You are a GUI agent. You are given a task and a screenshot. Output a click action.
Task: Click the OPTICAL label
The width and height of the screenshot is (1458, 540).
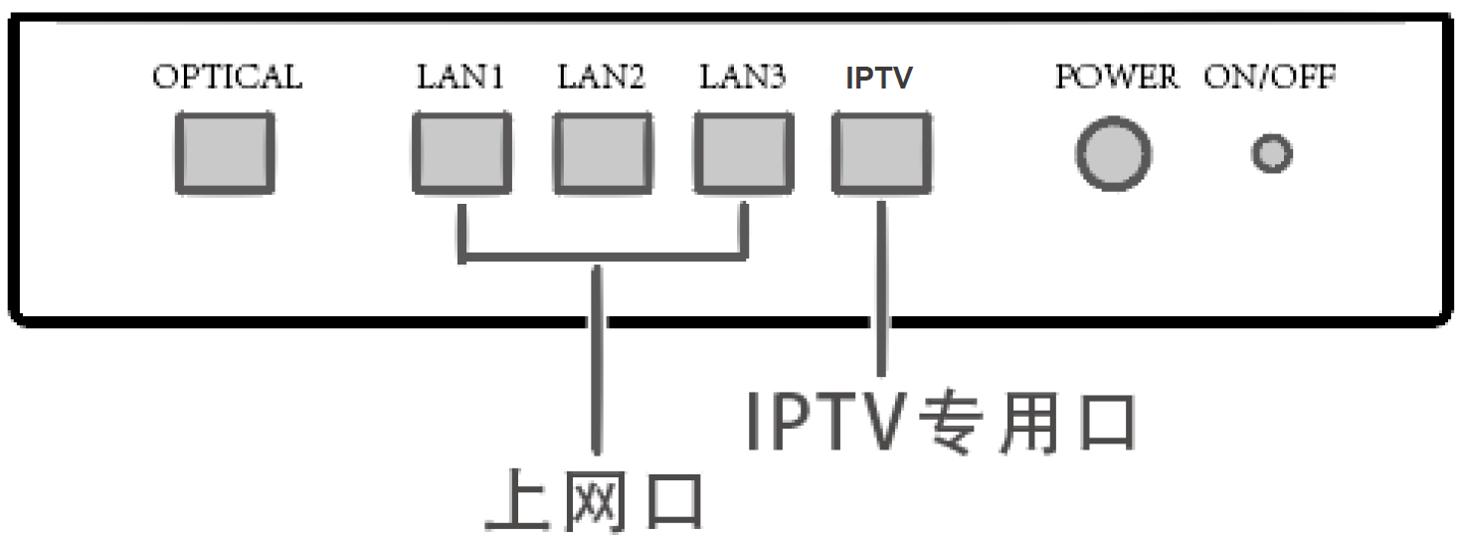pyautogui.click(x=227, y=78)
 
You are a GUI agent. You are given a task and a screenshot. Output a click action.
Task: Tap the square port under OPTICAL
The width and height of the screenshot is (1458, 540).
pyautogui.click(x=225, y=152)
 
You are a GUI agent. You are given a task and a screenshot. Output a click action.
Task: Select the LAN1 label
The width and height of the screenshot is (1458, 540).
pyautogui.click(x=459, y=78)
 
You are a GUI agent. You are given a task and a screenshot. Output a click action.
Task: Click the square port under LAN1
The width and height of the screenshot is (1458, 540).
pyautogui.click(x=462, y=152)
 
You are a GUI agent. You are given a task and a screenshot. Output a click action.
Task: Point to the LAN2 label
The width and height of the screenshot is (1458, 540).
pyautogui.click(x=601, y=78)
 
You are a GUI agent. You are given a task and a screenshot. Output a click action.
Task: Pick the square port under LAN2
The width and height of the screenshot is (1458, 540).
pyautogui.click(x=603, y=152)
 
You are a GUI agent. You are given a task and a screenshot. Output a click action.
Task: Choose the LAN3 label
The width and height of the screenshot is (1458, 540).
pyautogui.click(x=742, y=78)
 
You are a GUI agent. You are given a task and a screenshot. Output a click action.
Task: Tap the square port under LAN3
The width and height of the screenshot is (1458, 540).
pyautogui.click(x=744, y=152)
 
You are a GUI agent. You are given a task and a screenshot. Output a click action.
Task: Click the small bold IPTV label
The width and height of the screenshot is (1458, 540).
pyautogui.click(x=879, y=79)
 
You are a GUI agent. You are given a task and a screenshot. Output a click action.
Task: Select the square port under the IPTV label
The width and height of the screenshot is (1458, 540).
pyautogui.click(x=882, y=152)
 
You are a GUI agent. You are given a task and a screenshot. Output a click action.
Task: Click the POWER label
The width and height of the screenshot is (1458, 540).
pyautogui.click(x=1116, y=78)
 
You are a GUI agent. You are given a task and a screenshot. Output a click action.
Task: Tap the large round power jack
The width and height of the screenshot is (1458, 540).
pyautogui.click(x=1114, y=154)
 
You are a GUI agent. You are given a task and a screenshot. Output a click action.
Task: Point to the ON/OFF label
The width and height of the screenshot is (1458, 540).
pyautogui.click(x=1270, y=78)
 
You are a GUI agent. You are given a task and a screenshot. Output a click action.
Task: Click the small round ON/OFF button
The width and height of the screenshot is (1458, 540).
pyautogui.click(x=1271, y=154)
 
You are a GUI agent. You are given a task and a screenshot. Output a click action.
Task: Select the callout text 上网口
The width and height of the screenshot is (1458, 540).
pyautogui.click(x=595, y=501)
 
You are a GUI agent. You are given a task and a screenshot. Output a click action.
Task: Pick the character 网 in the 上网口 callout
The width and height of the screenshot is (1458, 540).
pyautogui.click(x=595, y=501)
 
